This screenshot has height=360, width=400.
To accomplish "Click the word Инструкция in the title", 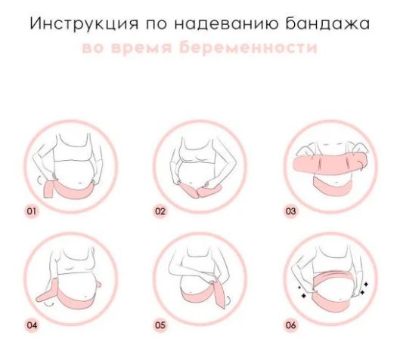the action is point(84,23).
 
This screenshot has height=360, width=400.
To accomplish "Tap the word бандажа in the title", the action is point(327,23).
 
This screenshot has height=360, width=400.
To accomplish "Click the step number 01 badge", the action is point(32,211).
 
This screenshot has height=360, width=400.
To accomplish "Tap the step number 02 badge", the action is point(160,211).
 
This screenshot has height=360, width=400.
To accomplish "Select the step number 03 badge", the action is point(290,211).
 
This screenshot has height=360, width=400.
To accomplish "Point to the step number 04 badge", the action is point(32,325).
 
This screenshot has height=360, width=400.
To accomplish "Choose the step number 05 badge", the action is point(160,325).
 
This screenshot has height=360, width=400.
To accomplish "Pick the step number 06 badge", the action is point(290,325).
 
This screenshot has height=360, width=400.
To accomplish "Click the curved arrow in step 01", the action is point(39,180).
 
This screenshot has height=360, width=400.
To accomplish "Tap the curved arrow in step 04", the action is point(48,304).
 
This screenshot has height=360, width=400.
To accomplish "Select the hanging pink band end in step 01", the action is point(50,189).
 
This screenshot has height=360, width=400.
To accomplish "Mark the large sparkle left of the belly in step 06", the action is point(304,295).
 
